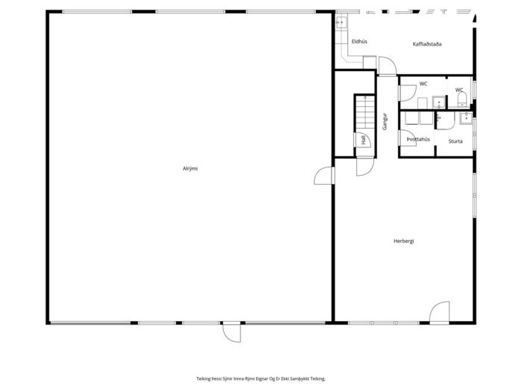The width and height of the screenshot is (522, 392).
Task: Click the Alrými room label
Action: pyautogui.click(x=190, y=169)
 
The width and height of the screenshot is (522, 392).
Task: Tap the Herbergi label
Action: pyautogui.click(x=403, y=241)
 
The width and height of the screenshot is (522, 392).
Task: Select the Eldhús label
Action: pyautogui.click(x=359, y=42)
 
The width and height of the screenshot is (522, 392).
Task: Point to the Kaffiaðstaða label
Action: pyautogui.click(x=427, y=44)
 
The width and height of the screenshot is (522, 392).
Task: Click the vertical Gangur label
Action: pyautogui.click(x=385, y=121)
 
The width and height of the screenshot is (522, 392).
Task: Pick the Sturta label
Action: pyautogui.click(x=455, y=141)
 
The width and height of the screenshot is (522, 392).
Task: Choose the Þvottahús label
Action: pyautogui.click(x=418, y=139)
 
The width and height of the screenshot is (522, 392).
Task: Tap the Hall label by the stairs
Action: pyautogui.click(x=364, y=140)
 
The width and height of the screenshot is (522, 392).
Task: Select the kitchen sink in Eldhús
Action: pyautogui.click(x=341, y=22)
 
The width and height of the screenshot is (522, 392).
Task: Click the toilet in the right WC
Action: pyautogui.click(x=462, y=99)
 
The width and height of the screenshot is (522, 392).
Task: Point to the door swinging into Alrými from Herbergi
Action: pyautogui.click(x=324, y=176)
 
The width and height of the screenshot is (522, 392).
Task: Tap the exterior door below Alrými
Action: pyautogui.click(x=232, y=332)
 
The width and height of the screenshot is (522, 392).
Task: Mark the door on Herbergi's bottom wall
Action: pyautogui.click(x=439, y=313)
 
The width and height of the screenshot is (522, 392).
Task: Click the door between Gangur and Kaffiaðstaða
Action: pyautogui.click(x=388, y=67)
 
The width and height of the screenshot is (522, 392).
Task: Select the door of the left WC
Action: pyautogui.click(x=408, y=93)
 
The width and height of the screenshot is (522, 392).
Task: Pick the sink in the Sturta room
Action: pyautogui.click(x=466, y=118)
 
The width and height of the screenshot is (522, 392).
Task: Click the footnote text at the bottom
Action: pyautogui.click(x=261, y=379)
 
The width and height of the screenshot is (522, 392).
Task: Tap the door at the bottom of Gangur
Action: pyautogui.click(x=365, y=166)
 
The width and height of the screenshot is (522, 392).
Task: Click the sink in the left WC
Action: pyautogui.click(x=439, y=102)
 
